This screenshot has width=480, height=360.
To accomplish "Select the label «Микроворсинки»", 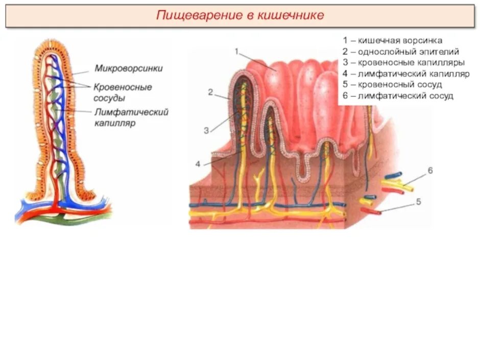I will click(x=129, y=68).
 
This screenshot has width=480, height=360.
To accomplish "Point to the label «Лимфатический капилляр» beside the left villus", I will click(x=131, y=117).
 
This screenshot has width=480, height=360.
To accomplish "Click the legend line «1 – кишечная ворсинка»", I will click(x=393, y=40).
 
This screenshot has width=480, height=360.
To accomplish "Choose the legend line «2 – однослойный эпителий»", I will click(x=401, y=52).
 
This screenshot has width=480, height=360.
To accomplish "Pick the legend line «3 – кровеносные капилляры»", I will click(x=403, y=63).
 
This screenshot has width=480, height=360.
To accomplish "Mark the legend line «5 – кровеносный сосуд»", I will click(x=392, y=85).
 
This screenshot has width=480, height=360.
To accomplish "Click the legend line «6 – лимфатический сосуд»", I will click(x=398, y=96).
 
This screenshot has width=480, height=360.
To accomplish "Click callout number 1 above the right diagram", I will click(x=237, y=51).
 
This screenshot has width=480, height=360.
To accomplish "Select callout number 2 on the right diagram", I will click(x=210, y=92).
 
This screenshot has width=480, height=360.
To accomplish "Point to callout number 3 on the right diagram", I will click(x=206, y=130).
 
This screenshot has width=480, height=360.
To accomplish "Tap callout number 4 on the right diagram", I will click(x=198, y=164).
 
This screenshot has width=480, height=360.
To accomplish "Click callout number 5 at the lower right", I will click(x=418, y=202).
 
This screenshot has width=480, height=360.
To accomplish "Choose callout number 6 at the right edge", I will click(x=430, y=171).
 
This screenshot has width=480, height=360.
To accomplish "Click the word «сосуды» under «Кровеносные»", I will click(x=109, y=98).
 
